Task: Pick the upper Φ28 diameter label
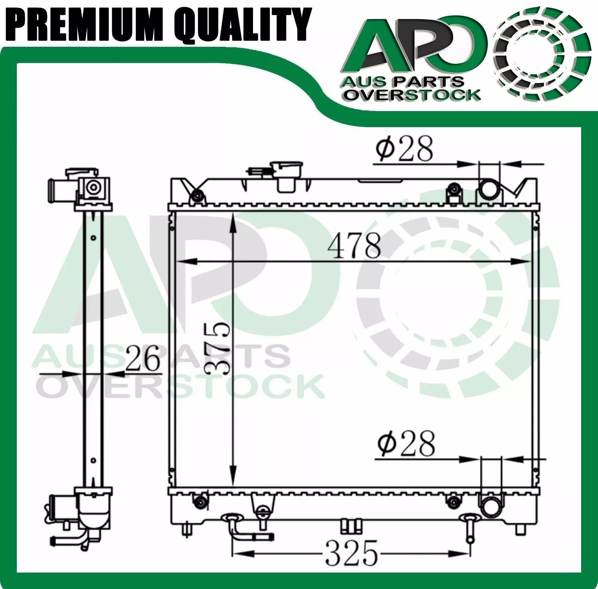click(x=404, y=148)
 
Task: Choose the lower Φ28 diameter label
click(x=406, y=444)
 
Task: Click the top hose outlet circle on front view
click(x=489, y=189)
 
